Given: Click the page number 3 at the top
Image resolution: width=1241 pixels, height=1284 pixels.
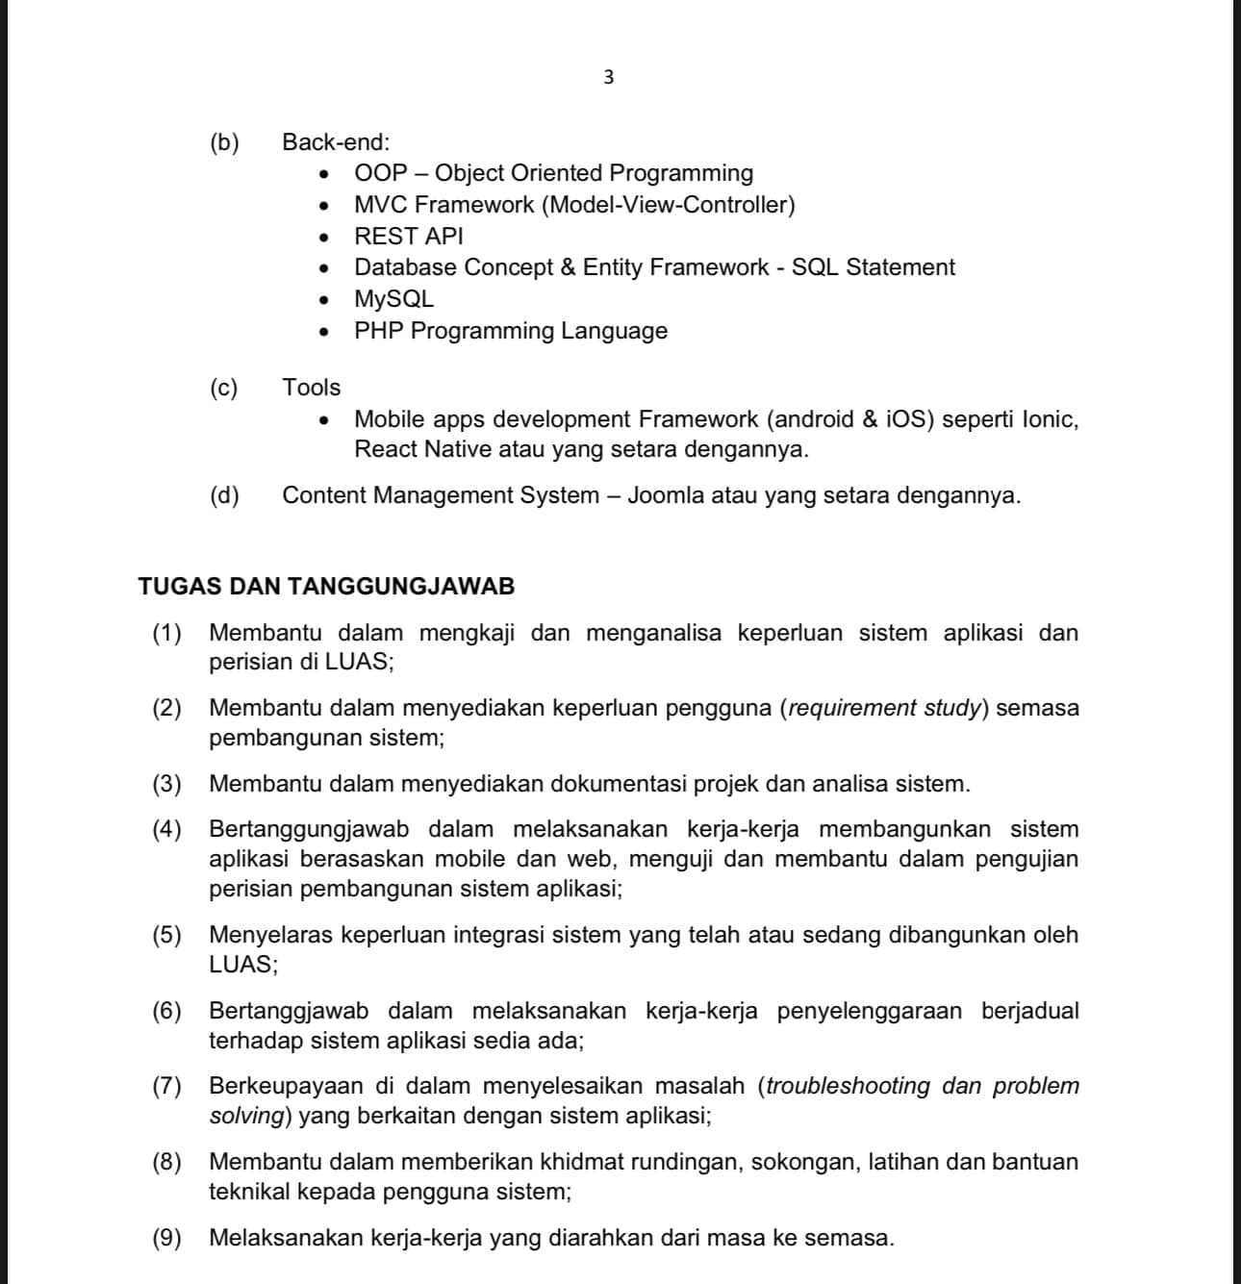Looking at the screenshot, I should [x=608, y=78].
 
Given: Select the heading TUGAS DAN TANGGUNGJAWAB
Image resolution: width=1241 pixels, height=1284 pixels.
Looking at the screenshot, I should [x=326, y=587].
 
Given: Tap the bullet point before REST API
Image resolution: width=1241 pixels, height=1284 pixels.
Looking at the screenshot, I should [x=325, y=238].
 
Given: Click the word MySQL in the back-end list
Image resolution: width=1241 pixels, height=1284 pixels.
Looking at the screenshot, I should [x=393, y=299].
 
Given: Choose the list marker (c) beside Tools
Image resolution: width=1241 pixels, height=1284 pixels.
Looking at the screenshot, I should [x=224, y=388].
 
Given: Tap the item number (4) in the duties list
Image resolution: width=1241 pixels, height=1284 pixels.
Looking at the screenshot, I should [x=166, y=829].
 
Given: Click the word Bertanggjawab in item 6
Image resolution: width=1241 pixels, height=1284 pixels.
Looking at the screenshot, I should [x=289, y=1011].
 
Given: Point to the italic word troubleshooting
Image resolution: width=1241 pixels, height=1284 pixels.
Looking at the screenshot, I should [x=848, y=1086].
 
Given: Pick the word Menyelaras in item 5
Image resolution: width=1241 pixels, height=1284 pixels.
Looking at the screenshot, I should [x=271, y=935].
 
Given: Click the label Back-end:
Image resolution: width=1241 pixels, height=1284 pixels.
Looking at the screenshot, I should [x=336, y=142].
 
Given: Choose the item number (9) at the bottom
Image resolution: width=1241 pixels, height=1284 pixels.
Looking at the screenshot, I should [x=166, y=1238].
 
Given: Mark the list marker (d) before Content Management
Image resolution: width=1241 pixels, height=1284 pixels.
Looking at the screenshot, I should [x=224, y=496].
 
